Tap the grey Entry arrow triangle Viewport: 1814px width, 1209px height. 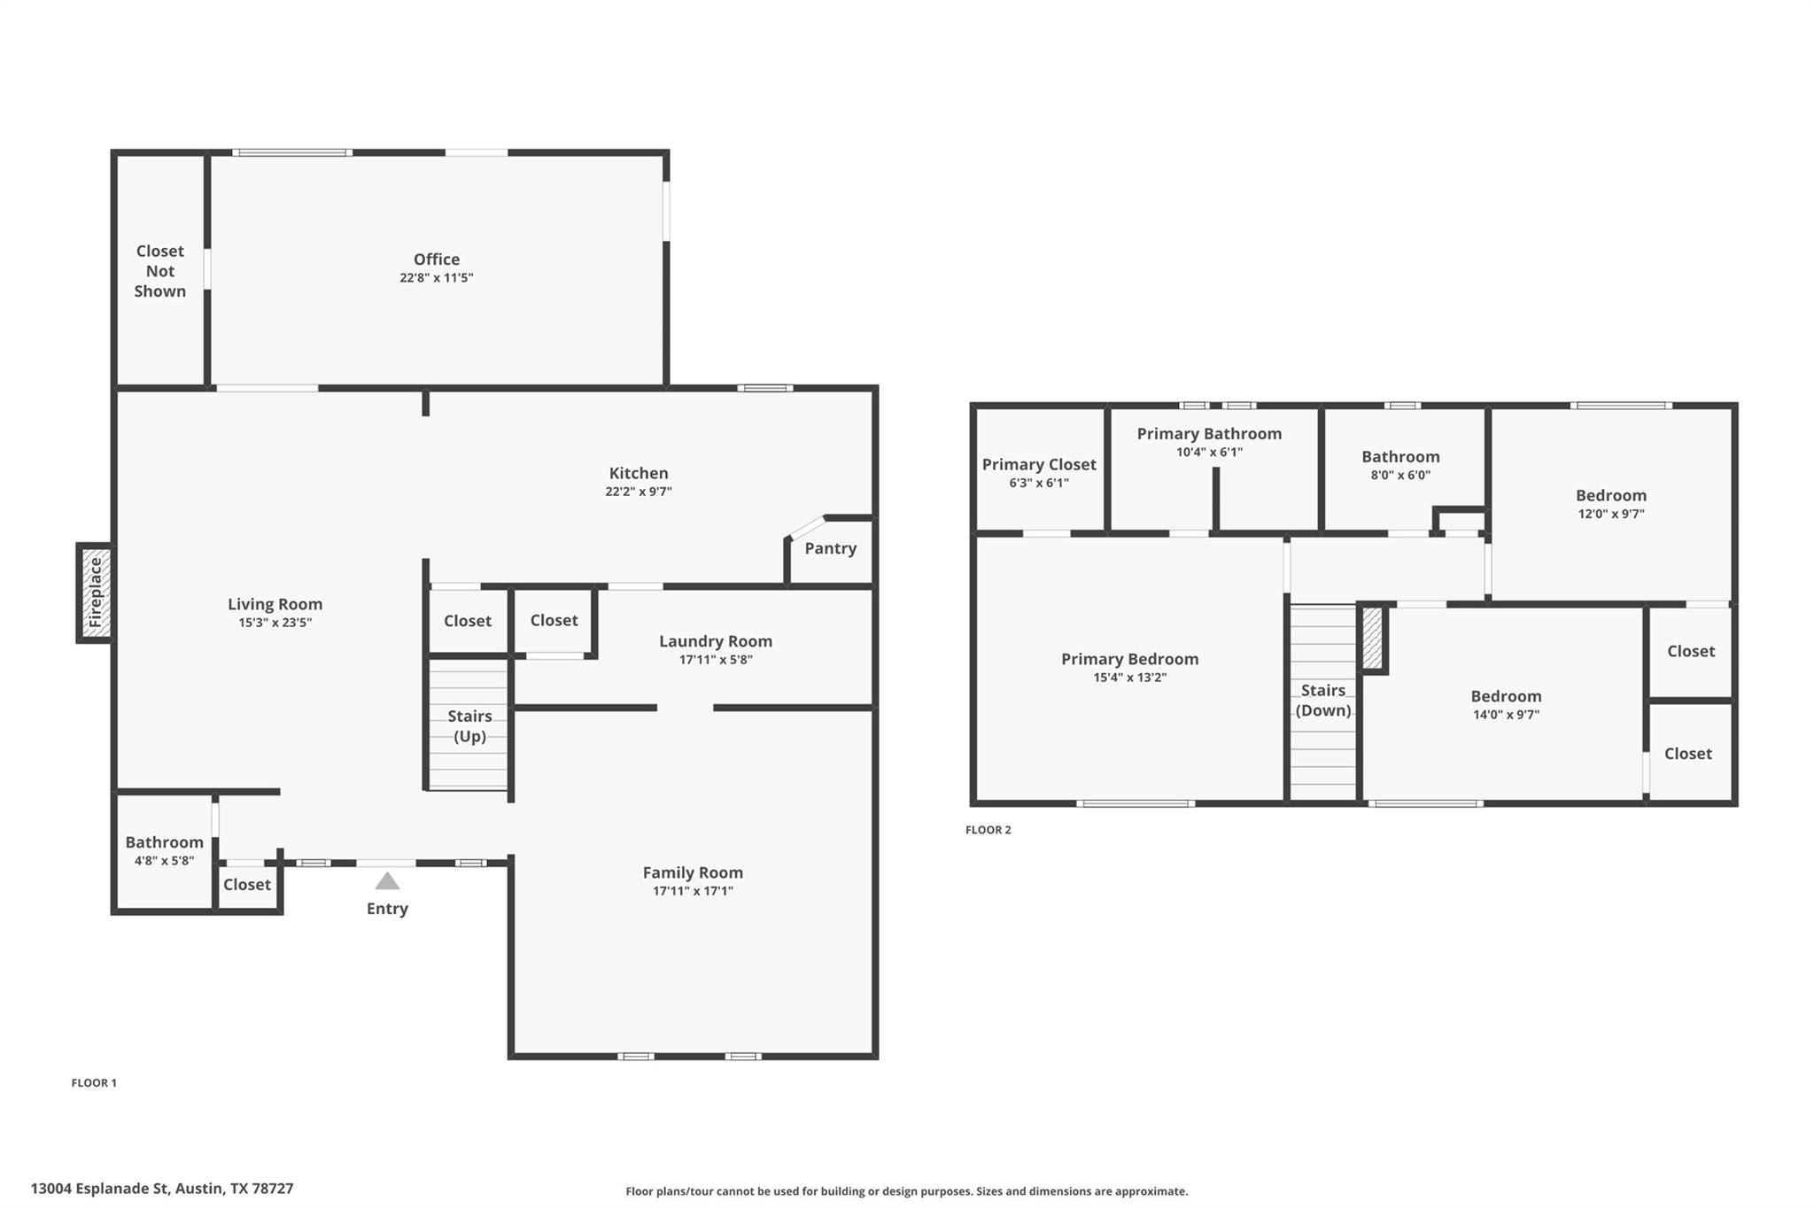click(387, 881)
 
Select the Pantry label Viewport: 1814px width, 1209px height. click(830, 548)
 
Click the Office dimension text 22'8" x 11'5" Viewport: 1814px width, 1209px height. click(436, 278)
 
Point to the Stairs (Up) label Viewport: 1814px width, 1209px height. click(469, 725)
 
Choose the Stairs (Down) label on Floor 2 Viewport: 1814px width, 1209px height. click(1322, 700)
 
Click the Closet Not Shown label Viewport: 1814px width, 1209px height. click(160, 271)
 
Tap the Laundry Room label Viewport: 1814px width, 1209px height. click(715, 641)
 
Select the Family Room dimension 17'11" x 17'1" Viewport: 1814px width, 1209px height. click(693, 891)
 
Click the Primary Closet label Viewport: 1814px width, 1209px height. click(1038, 464)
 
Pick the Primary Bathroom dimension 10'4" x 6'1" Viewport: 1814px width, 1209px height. click(1209, 453)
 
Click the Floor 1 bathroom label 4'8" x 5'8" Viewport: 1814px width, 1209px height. click(164, 860)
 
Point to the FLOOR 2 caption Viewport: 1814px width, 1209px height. click(988, 830)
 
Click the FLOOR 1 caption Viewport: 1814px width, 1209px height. click(94, 1082)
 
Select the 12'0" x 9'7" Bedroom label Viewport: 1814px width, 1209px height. click(1610, 495)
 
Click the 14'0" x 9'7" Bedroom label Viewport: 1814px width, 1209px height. click(1506, 696)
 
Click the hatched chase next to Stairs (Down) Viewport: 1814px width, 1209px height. click(1372, 638)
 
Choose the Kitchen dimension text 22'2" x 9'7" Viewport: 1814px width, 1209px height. click(638, 492)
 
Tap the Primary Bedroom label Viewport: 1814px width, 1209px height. click(1129, 659)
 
